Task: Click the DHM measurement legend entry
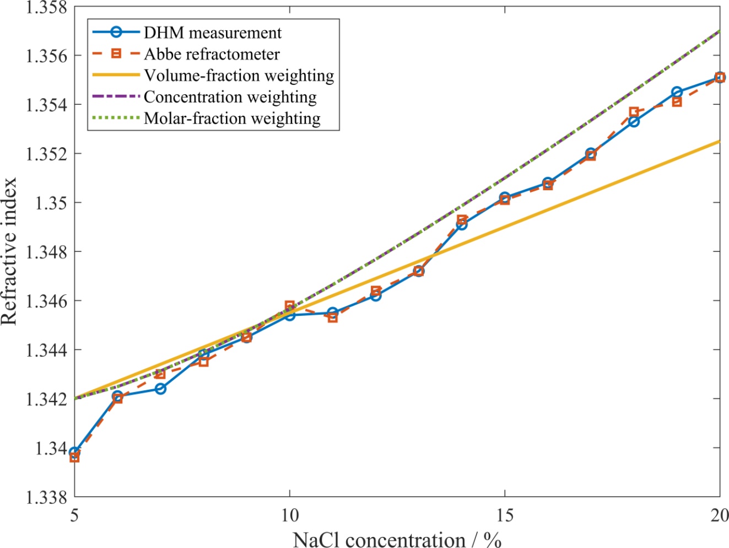tap(213, 33)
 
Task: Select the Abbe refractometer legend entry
tap(212, 54)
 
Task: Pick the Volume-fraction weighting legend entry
tap(239, 76)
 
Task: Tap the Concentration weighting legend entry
tap(230, 97)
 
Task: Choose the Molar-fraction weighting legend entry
tap(232, 119)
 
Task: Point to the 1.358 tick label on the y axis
tap(46, 8)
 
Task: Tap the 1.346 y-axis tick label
tap(46, 301)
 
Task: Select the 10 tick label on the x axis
tap(290, 515)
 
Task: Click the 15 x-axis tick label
tap(505, 515)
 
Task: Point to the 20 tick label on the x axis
tap(719, 515)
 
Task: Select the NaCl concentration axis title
tap(397, 539)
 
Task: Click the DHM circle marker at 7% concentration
tap(160, 389)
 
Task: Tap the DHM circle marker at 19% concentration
tap(677, 92)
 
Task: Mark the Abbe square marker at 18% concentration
tap(634, 112)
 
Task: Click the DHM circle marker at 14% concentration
tap(462, 224)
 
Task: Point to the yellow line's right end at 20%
tap(719, 142)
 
